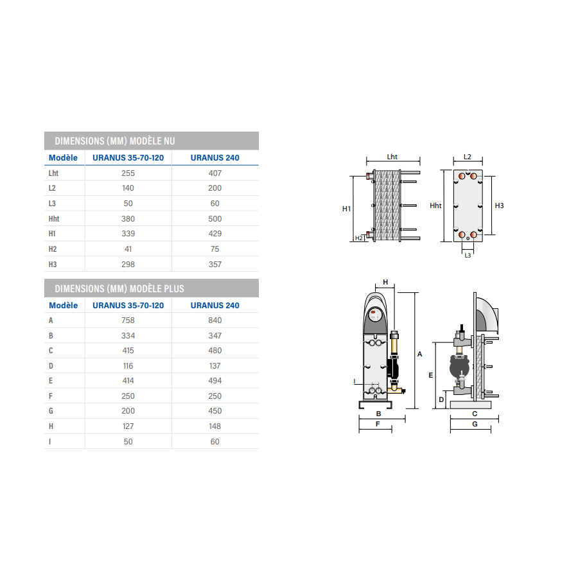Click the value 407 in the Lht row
tap(215, 173)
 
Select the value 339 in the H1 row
tap(128, 234)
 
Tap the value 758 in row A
tap(128, 320)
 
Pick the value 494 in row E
tap(215, 381)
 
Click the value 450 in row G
tap(215, 411)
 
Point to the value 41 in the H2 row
tap(128, 249)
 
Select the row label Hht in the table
tap(54, 219)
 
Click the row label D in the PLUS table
tap(51, 366)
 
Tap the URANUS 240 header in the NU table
tap(215, 158)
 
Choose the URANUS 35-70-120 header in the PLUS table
tap(128, 306)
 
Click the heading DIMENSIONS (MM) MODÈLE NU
tap(115, 141)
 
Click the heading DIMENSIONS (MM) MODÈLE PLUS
tap(119, 288)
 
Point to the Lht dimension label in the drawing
tap(392, 157)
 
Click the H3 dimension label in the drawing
tap(499, 206)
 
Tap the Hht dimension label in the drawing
tap(435, 206)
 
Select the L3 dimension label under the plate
tap(468, 256)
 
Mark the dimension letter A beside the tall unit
tap(419, 355)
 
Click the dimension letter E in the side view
tap(430, 375)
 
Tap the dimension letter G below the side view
tap(475, 425)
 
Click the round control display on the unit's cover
tap(375, 315)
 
